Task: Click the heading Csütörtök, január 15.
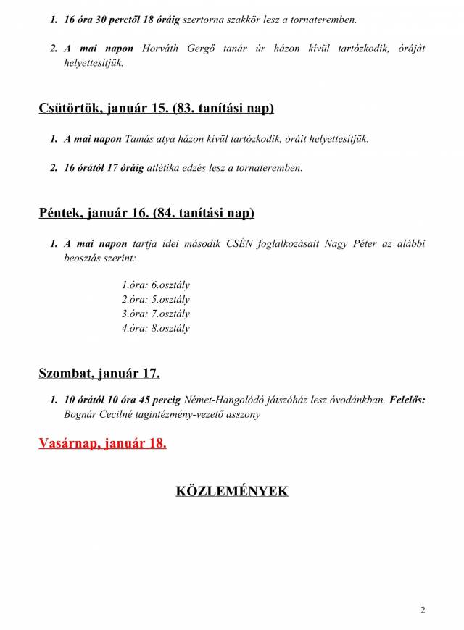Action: (x=156, y=109)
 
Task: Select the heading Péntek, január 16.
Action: (x=146, y=214)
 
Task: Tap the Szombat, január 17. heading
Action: (x=99, y=374)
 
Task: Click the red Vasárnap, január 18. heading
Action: (x=102, y=443)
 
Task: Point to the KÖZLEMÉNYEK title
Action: (x=231, y=491)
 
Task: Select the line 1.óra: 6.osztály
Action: (x=156, y=285)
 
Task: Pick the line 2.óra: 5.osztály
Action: (x=156, y=299)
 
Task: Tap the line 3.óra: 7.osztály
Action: (x=156, y=314)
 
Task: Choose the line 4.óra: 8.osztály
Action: (x=156, y=328)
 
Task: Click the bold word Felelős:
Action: (x=407, y=400)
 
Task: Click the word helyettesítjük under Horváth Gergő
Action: (x=94, y=63)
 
